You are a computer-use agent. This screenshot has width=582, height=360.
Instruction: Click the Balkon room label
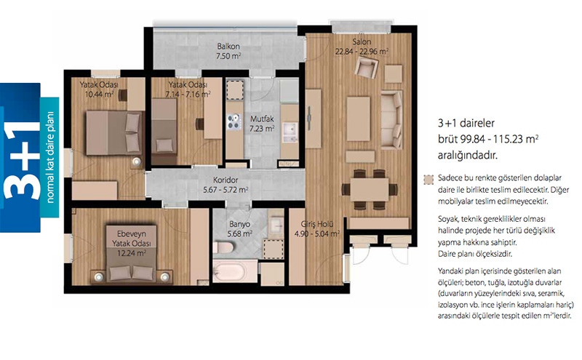coord(228,47)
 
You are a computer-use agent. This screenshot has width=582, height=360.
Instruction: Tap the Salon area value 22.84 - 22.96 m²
coord(362,52)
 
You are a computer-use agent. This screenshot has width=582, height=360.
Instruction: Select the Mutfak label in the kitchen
coord(262,119)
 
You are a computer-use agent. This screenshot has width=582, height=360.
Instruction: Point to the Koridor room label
coord(226,180)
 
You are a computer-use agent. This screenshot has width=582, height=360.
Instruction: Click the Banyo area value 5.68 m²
coord(240,233)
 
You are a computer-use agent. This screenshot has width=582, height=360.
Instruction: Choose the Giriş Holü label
coord(317,224)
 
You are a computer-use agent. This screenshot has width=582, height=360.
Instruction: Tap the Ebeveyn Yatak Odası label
coord(132,239)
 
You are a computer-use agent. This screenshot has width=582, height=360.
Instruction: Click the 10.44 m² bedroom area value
coord(99,95)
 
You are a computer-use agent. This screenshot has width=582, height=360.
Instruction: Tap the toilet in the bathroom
coord(223,247)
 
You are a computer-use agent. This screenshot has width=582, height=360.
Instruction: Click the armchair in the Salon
coord(367,68)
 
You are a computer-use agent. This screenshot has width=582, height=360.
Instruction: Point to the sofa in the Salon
coord(391,120)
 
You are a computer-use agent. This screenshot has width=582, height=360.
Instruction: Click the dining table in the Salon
coord(370,190)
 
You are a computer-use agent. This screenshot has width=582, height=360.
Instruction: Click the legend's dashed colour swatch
coord(428,180)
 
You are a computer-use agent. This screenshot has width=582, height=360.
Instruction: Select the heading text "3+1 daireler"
coord(466,123)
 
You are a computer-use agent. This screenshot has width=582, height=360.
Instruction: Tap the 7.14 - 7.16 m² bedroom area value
coord(188,95)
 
